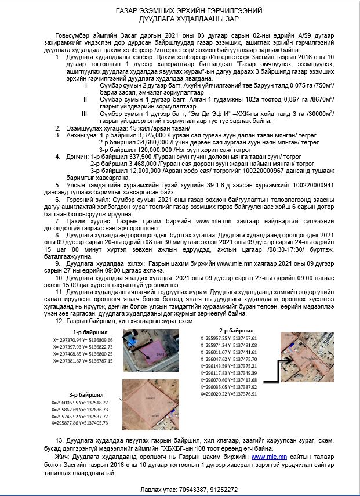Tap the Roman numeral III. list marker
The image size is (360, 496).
[86, 114]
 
